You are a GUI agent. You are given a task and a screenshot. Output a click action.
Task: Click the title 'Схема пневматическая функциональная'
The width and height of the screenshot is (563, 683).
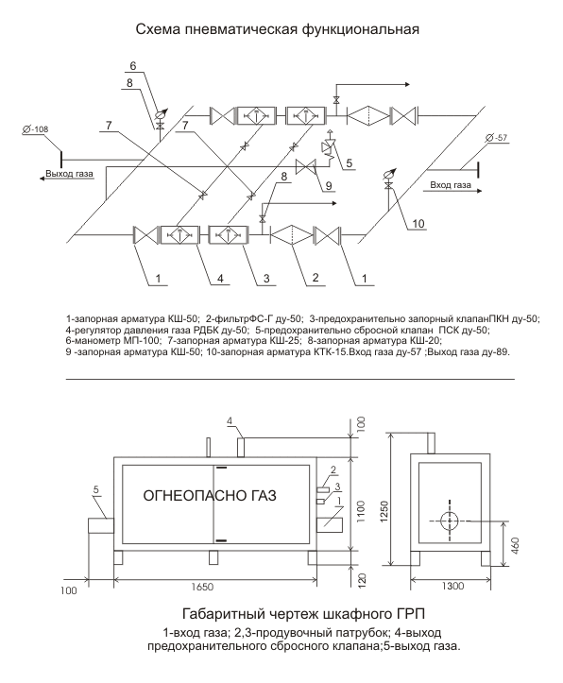tap(278, 29)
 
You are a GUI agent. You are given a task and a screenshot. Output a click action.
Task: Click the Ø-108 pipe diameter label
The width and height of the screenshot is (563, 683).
tap(35, 129)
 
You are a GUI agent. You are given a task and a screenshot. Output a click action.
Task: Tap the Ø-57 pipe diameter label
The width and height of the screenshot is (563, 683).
tap(496, 138)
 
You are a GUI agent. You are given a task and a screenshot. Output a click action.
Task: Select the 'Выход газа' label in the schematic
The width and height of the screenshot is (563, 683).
tap(70, 174)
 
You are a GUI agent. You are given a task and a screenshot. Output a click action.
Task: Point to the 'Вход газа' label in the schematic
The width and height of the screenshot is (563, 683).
tap(451, 185)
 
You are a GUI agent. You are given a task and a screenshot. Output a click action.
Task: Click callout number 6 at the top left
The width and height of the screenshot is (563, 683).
tap(133, 66)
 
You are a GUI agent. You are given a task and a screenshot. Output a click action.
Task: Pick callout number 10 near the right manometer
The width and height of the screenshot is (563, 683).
tap(418, 224)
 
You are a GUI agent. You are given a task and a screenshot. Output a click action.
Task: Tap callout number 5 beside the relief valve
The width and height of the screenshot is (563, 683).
tap(350, 163)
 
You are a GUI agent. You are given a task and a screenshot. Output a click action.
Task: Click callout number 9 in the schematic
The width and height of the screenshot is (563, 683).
tap(329, 185)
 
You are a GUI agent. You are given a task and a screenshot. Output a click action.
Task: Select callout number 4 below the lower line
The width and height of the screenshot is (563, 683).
tap(220, 279)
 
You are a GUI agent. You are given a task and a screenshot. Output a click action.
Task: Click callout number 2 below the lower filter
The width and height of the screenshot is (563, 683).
tap(316, 277)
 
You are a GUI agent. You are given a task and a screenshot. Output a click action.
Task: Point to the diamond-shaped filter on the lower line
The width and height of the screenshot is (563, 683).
tap(292, 235)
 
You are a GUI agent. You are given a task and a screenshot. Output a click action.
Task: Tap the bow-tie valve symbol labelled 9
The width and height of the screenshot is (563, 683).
tap(306, 166)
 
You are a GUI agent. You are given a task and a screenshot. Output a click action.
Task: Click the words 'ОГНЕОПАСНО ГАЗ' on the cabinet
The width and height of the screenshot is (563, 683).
tap(210, 495)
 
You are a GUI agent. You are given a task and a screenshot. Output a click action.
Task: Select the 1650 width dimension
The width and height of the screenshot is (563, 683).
tap(202, 588)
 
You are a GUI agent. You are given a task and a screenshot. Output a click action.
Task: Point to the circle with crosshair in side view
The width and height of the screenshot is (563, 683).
tap(450, 521)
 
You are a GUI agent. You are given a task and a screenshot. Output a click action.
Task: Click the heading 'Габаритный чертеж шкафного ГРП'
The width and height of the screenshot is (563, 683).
tap(303, 614)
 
